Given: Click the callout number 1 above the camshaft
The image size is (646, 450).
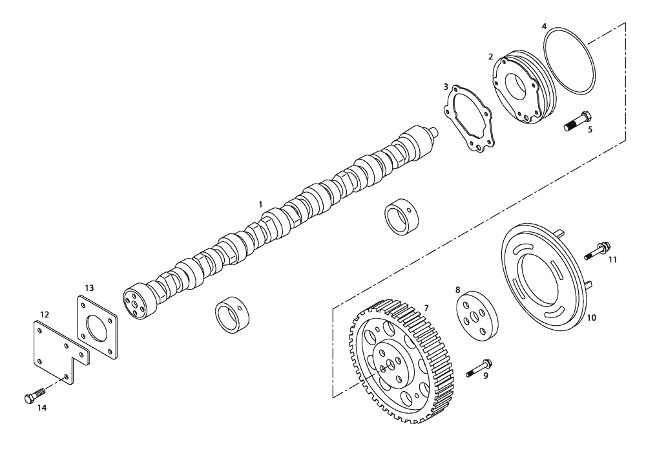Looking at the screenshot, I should (260, 204).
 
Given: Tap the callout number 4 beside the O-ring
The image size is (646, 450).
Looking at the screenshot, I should (544, 27).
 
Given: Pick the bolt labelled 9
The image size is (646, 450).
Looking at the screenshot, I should (478, 367).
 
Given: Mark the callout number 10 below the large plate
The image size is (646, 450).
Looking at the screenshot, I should (591, 318).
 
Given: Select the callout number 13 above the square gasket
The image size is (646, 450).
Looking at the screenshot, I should (90, 287).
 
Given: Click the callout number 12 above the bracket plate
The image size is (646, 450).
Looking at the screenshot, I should (45, 314).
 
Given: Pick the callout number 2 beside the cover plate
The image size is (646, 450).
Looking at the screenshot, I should (491, 57).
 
